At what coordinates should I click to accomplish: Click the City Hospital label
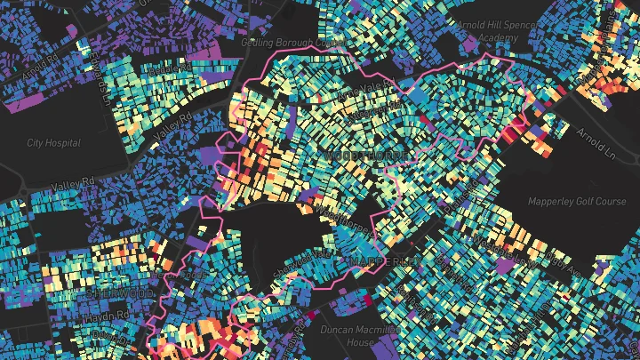[53, 143]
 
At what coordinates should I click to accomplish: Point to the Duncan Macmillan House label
[348, 335]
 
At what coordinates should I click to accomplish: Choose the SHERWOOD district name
[116, 292]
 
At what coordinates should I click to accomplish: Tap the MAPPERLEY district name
[383, 260]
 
